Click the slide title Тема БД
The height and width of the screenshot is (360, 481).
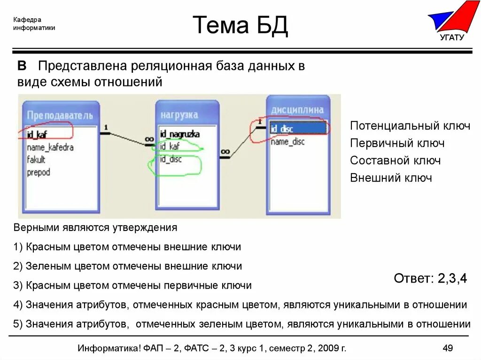point(240,25)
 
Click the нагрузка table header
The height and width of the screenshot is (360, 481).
point(179,115)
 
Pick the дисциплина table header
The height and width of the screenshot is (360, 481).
point(297,110)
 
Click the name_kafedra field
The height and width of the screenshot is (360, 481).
point(50,147)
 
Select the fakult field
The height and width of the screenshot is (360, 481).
point(36,160)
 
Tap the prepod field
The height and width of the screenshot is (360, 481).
point(39,172)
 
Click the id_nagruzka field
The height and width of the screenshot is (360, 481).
point(179,134)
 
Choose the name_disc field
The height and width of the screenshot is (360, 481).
point(287,141)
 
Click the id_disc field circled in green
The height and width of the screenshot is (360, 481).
point(171,159)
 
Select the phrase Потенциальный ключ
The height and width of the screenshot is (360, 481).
point(410,126)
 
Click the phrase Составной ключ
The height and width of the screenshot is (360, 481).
point(395,161)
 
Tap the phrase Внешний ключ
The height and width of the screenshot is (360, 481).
point(391,178)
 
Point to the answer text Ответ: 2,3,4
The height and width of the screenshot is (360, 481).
point(430,278)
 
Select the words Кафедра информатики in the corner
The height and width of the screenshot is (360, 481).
point(34,23)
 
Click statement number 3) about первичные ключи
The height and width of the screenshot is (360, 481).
point(133,285)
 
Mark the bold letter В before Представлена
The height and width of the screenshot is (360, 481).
point(22,66)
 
